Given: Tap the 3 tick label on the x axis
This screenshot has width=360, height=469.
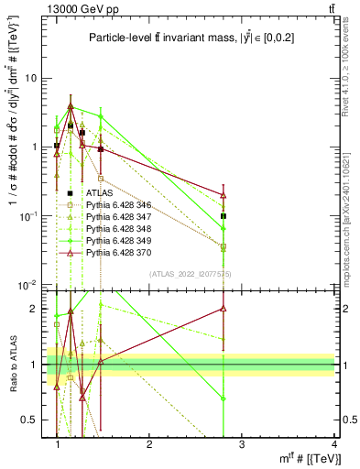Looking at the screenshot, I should click(241, 445).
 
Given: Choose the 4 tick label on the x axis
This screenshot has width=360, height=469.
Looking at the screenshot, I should click(333, 445).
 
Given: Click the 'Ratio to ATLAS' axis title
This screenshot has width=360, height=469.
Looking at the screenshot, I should click(13, 365).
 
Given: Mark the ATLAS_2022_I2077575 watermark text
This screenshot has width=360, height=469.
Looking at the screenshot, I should click(191, 274).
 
